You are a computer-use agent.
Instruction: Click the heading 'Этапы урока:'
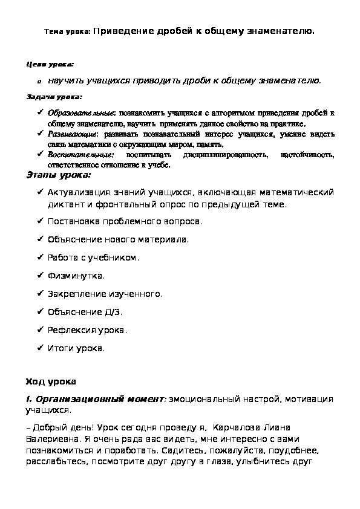point(59,175)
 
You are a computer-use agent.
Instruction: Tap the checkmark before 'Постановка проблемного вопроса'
point(39,221)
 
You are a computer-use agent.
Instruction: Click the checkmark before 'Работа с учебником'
point(39,258)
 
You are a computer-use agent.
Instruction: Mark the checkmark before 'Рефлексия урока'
point(39,330)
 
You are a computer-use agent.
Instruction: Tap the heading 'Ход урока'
point(50,381)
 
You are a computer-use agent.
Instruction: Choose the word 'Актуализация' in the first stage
point(75,193)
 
